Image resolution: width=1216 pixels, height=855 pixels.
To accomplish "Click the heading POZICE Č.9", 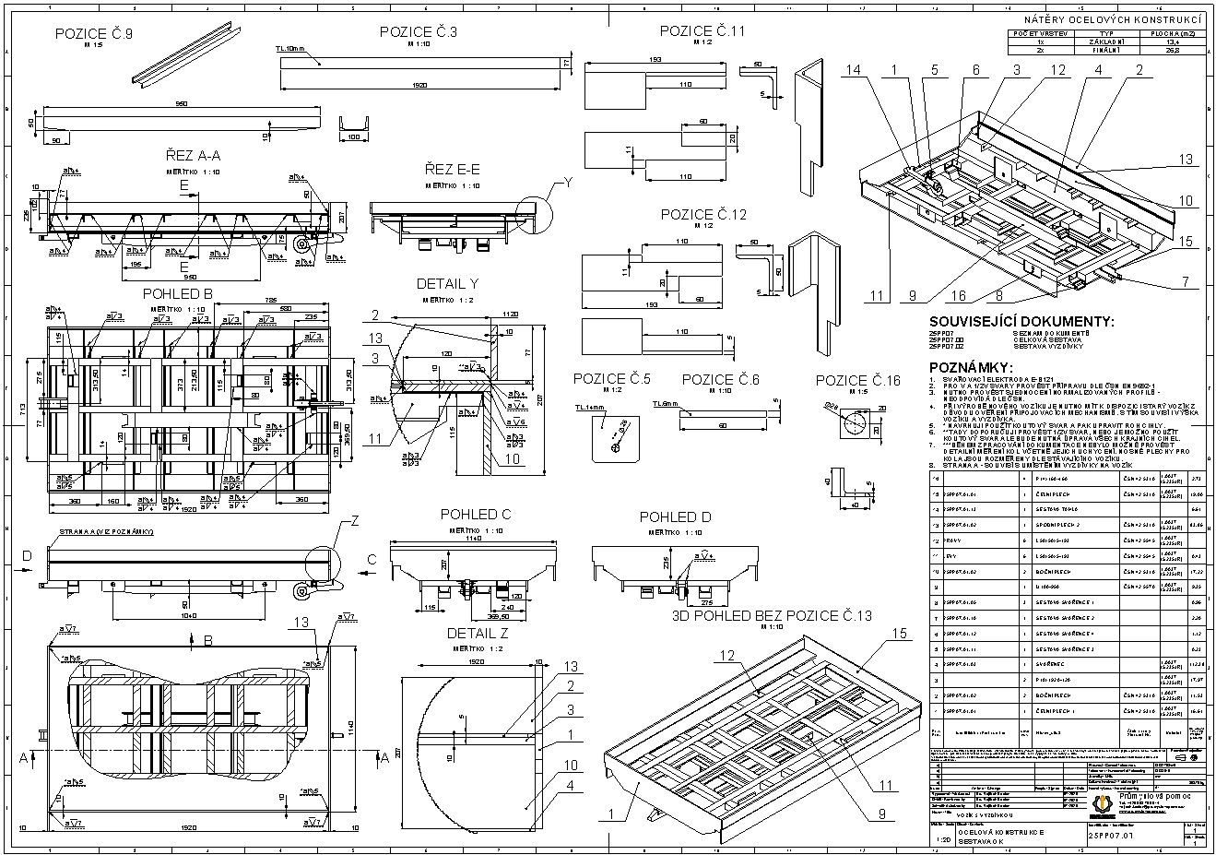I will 94,33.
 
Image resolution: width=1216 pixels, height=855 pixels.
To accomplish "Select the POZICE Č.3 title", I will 419,32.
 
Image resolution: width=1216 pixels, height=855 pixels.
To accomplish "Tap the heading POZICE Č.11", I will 702,31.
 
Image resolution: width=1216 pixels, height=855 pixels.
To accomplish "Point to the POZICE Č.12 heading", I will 702,214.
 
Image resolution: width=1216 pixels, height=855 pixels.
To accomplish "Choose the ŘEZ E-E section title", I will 453,170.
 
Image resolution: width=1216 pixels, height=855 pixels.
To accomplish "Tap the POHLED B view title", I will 178,292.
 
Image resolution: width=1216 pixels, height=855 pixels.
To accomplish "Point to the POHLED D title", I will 676,517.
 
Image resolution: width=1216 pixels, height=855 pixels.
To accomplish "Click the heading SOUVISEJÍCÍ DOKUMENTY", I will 1021,322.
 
